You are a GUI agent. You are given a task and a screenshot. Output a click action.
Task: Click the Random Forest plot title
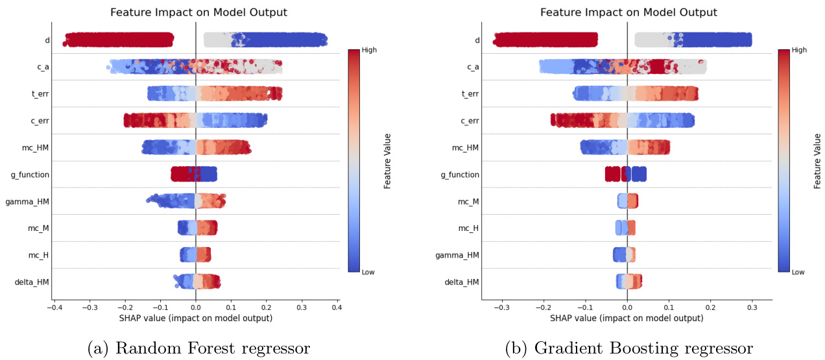[x=198, y=12]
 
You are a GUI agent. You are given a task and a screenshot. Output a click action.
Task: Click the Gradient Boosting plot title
[x=629, y=12]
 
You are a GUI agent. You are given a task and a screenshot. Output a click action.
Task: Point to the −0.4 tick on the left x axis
[x=54, y=309]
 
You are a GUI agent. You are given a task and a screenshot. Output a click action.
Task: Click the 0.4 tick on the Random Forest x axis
[x=336, y=309]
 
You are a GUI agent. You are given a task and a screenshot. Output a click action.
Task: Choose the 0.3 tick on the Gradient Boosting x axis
[x=752, y=309]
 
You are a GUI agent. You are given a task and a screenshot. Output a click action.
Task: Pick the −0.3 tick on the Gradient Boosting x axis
[x=502, y=309]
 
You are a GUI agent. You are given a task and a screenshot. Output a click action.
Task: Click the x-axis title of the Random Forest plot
[x=196, y=319]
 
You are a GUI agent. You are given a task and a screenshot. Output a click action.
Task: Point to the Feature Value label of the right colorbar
[x=817, y=161]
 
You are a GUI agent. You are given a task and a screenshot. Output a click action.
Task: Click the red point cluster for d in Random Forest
[x=119, y=40]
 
